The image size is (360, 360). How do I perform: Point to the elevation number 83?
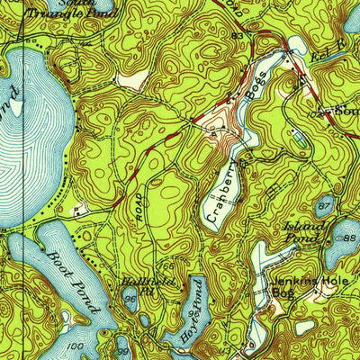pyautogui.click(x=238, y=36)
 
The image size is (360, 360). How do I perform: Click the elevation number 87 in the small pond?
pyautogui.click(x=325, y=207)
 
